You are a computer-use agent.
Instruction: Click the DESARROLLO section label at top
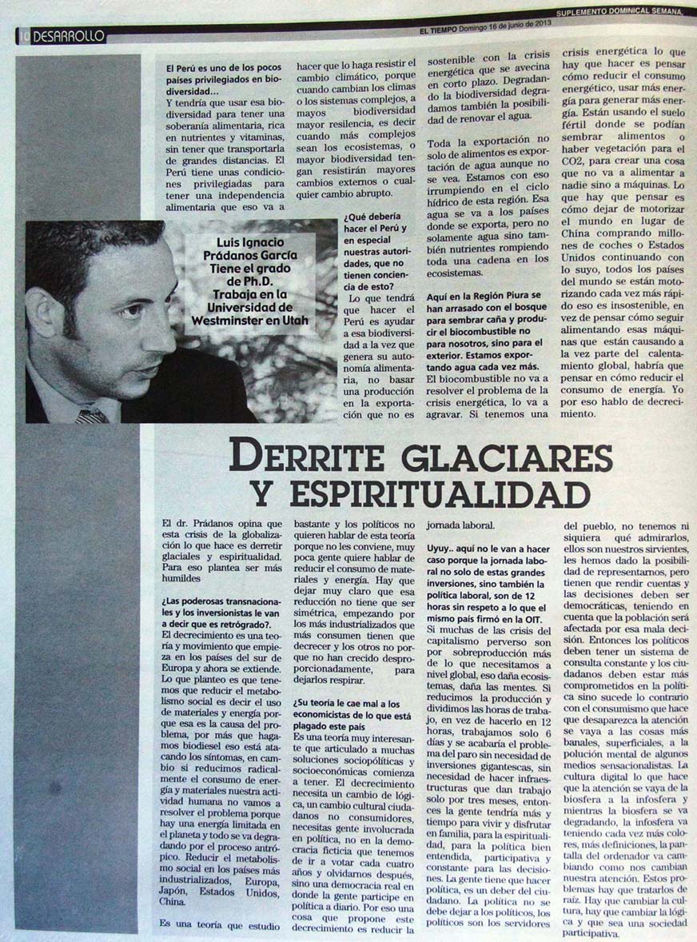click(70, 36)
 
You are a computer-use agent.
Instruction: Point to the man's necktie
click(93, 416)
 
